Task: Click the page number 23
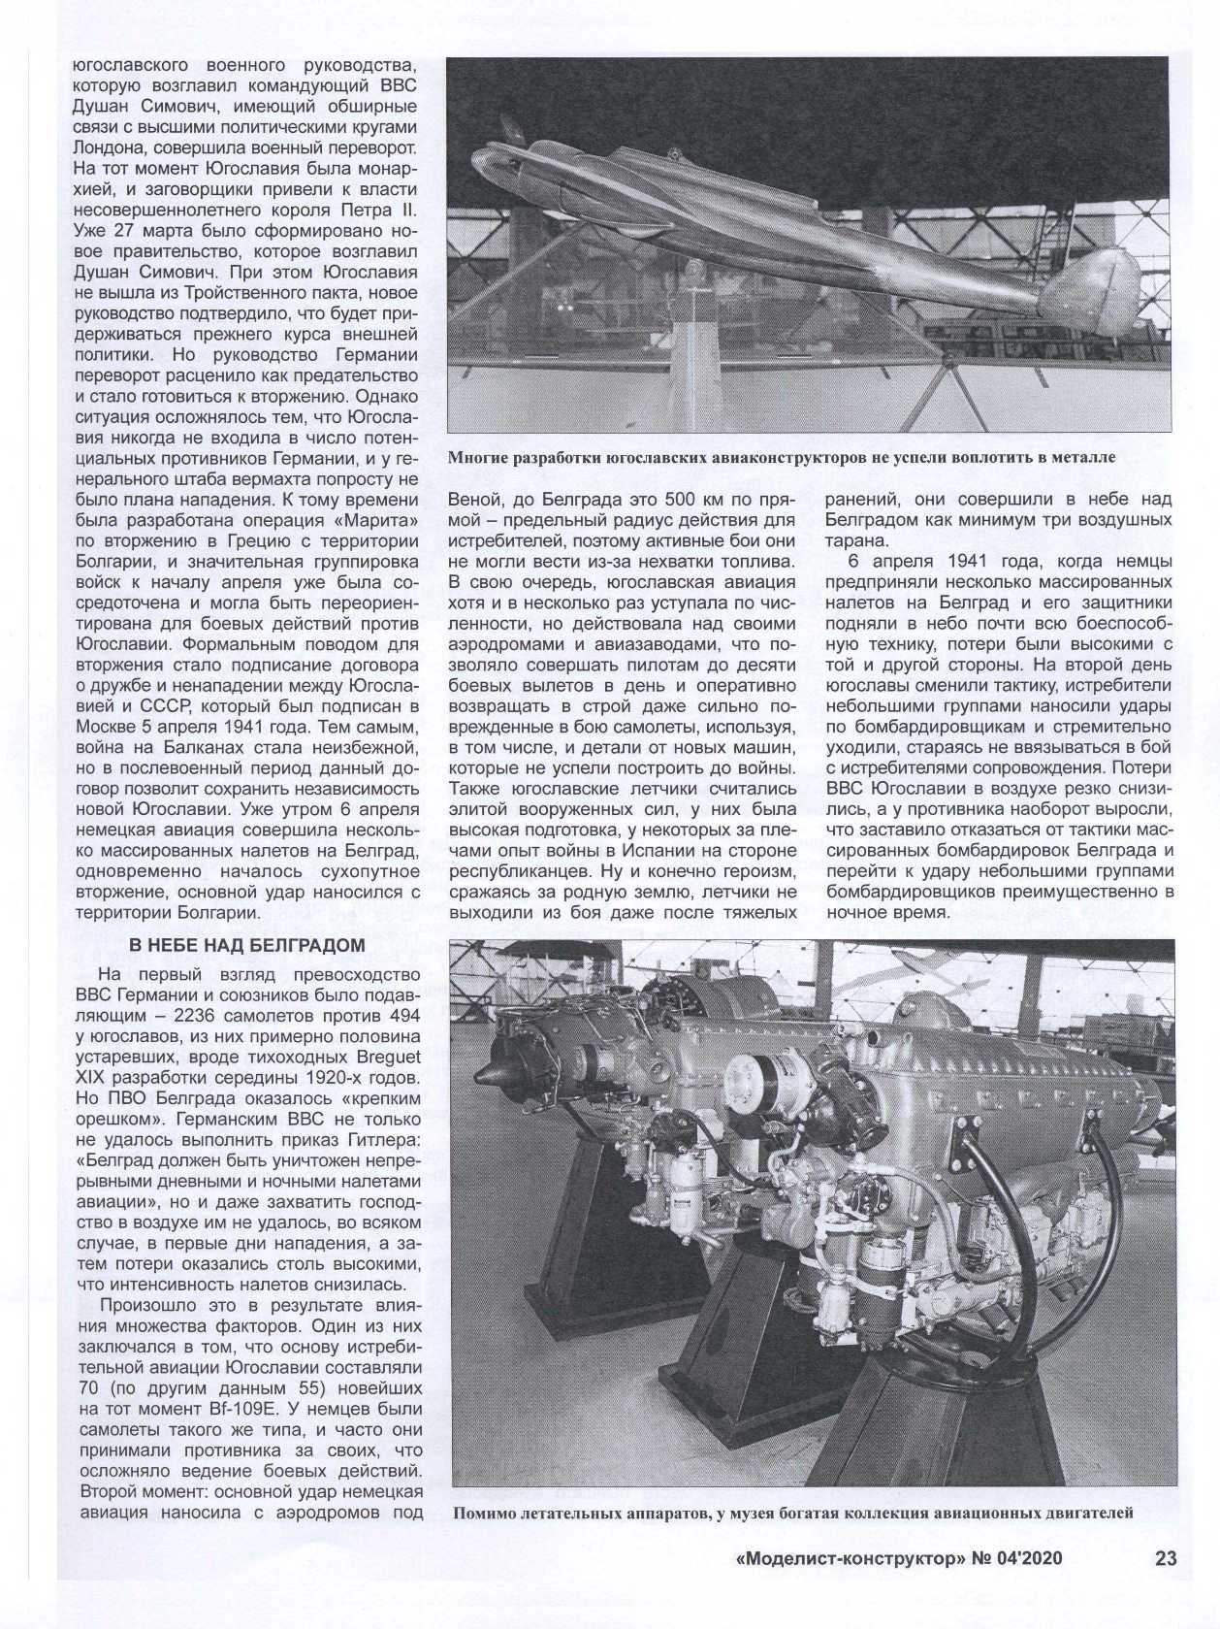click(x=1165, y=1585)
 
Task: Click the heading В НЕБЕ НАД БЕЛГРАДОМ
click(x=247, y=946)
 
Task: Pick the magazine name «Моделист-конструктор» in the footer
click(x=851, y=1586)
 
